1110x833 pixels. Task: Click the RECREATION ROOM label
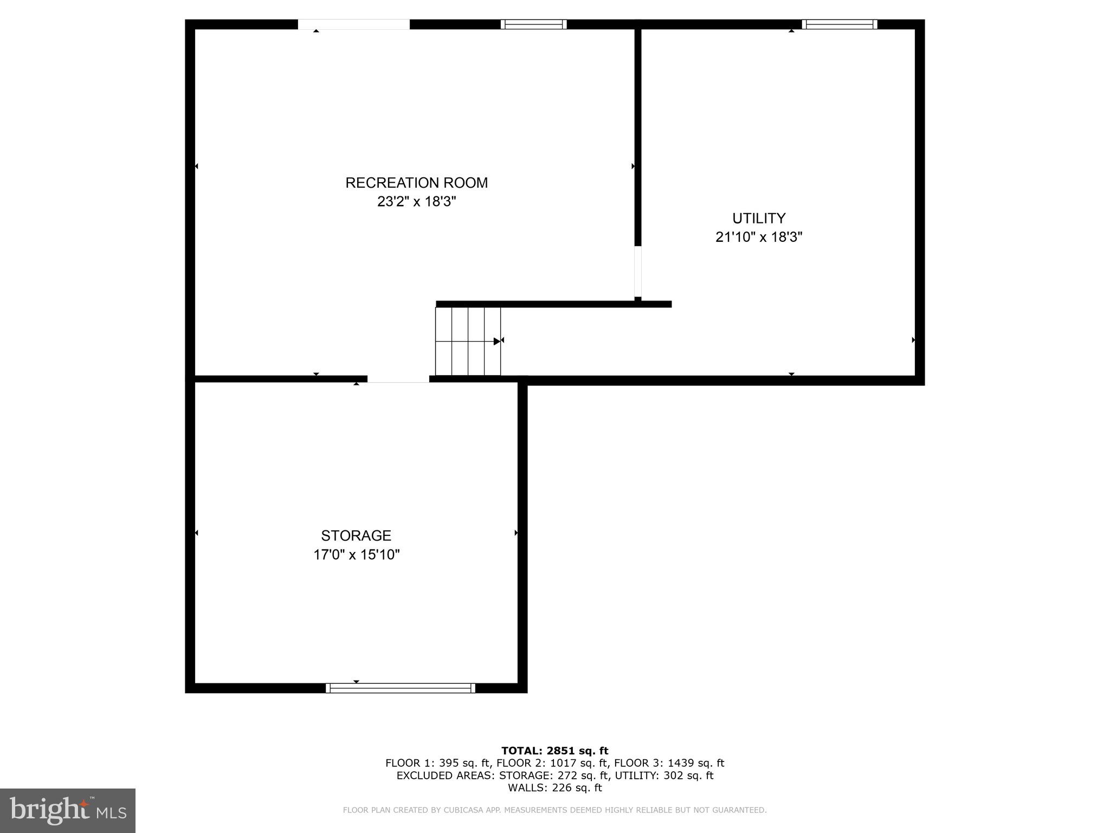coord(416,183)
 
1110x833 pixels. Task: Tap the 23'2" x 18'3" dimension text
coord(416,202)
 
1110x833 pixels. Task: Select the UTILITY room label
coord(758,218)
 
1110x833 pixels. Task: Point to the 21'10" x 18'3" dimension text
coord(758,237)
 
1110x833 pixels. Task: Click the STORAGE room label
coord(356,536)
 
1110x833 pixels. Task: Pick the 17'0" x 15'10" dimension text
coord(356,555)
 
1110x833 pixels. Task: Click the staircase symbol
coord(468,341)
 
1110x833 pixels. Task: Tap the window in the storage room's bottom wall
coord(401,688)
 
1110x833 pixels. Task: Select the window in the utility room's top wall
coord(839,24)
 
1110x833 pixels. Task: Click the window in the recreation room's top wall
coord(533,24)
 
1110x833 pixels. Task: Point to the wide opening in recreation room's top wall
coord(353,24)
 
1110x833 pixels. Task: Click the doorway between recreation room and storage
coord(398,379)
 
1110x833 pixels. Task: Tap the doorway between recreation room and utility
coord(638,272)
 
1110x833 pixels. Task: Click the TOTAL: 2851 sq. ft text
coord(554,751)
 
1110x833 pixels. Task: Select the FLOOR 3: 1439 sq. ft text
coord(669,763)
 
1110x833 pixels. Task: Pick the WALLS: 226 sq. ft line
coord(554,788)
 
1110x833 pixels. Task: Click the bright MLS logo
coord(68,811)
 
